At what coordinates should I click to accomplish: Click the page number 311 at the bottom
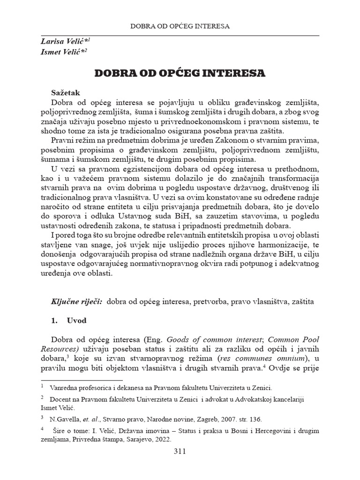click(x=180, y=452)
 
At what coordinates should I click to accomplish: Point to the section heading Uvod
click(x=76, y=322)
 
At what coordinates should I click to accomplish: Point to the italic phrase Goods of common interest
click(x=208, y=339)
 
